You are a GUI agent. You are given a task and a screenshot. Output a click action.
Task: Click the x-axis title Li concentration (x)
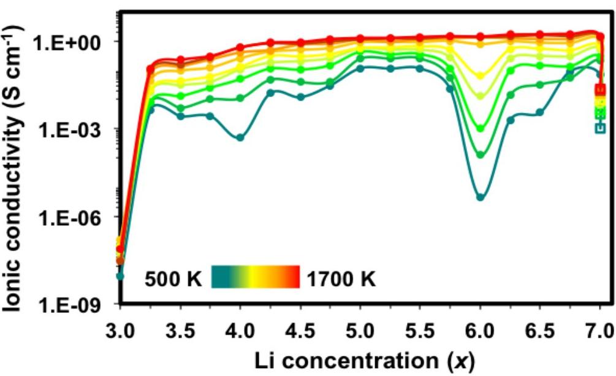(x=360, y=361)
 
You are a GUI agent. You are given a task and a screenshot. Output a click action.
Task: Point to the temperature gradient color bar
(x=255, y=277)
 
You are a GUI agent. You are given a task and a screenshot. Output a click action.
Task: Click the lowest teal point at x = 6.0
(x=481, y=197)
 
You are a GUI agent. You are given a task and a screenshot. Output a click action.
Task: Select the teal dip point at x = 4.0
(x=240, y=137)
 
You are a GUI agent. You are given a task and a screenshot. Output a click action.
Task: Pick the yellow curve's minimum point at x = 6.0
(x=481, y=77)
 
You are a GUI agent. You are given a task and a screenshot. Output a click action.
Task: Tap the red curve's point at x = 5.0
(x=360, y=38)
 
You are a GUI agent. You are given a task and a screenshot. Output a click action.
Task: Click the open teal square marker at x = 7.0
(x=601, y=128)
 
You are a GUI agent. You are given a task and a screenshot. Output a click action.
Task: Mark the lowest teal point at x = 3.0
(x=120, y=276)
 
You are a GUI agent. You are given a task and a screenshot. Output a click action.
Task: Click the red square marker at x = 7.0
(x=601, y=90)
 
